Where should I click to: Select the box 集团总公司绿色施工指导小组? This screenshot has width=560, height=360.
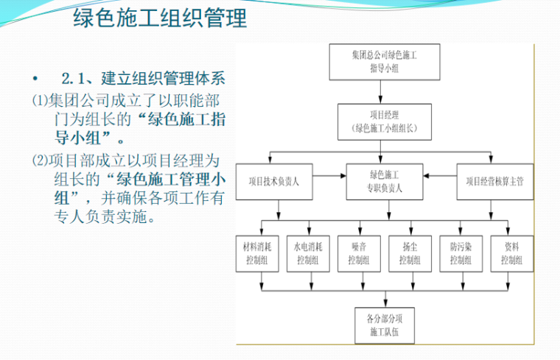click(x=379, y=62)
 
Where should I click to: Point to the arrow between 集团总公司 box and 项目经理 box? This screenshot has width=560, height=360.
click(x=379, y=91)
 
